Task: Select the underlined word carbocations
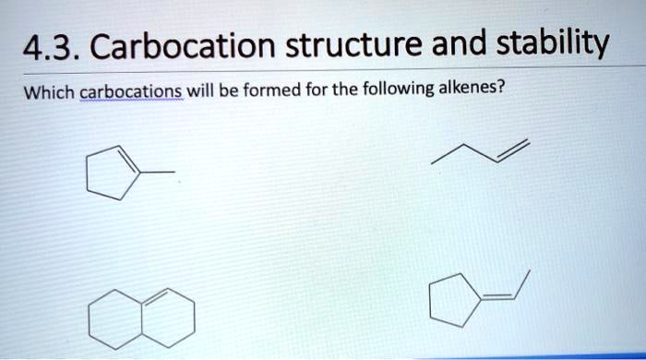pyautogui.click(x=130, y=94)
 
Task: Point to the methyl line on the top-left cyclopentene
pyautogui.click(x=158, y=172)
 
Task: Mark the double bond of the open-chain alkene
pyautogui.click(x=513, y=151)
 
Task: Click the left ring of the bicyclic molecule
pyautogui.click(x=115, y=318)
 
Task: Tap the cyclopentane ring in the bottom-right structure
pyautogui.click(x=455, y=301)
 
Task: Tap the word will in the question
pyautogui.click(x=201, y=93)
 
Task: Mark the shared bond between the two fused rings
pyautogui.click(x=141, y=318)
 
